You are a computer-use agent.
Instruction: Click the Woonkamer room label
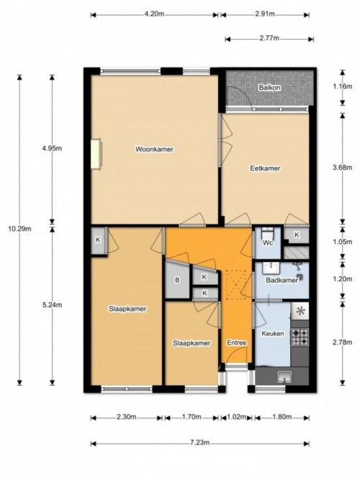point(155,149)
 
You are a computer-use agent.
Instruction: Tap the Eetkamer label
point(264,168)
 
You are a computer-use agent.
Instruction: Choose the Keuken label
point(274,334)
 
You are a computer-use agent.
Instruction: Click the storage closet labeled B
point(177,281)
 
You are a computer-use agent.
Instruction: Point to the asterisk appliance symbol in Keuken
point(300,311)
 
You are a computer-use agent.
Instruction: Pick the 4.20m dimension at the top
point(155,14)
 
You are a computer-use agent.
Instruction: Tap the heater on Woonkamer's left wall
point(95,153)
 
